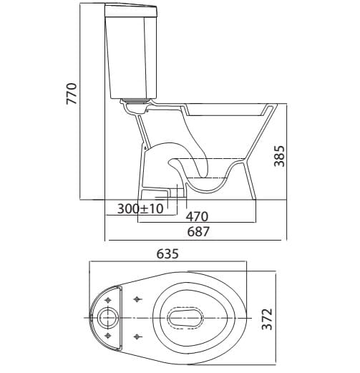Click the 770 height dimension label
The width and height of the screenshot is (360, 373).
click(x=72, y=93)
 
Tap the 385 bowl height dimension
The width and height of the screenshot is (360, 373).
click(x=279, y=156)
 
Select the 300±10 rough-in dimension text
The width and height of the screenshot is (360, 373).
click(x=140, y=208)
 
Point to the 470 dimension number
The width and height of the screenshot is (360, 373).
click(x=197, y=216)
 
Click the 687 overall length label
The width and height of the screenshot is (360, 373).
click(x=198, y=231)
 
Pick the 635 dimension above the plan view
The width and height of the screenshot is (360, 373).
click(x=167, y=253)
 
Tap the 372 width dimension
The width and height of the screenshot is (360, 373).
click(x=267, y=319)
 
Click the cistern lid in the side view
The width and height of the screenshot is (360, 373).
click(x=131, y=11)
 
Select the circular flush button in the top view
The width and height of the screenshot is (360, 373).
click(x=108, y=318)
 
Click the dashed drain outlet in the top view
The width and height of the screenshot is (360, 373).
click(x=185, y=318)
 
